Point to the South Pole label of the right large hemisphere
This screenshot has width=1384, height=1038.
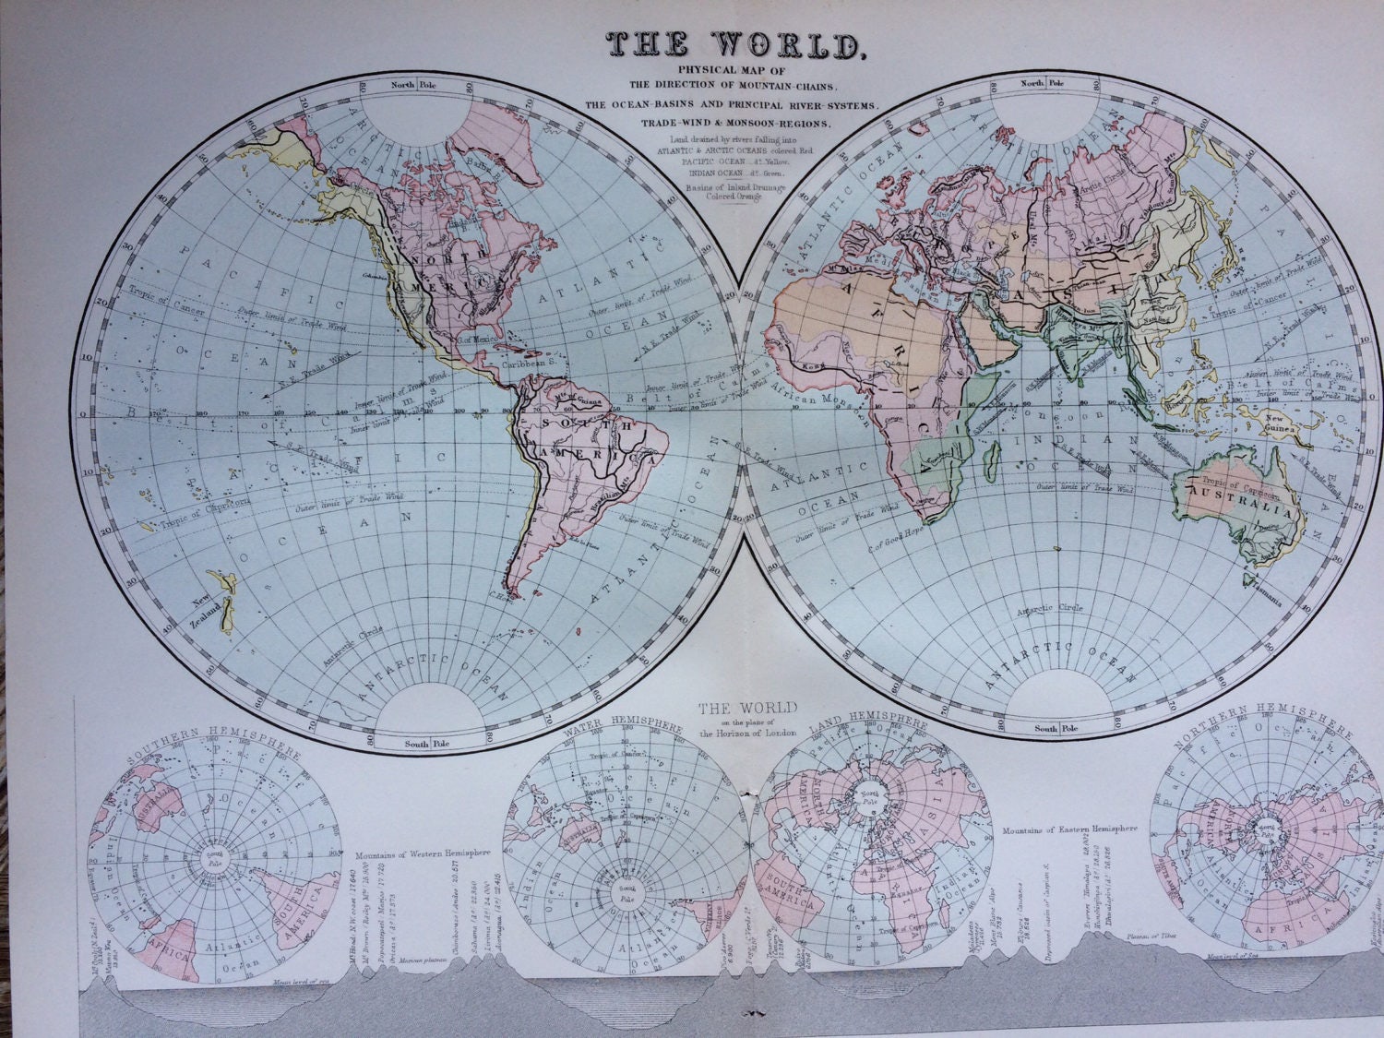tap(1045, 729)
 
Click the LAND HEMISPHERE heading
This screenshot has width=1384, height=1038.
tap(869, 730)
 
